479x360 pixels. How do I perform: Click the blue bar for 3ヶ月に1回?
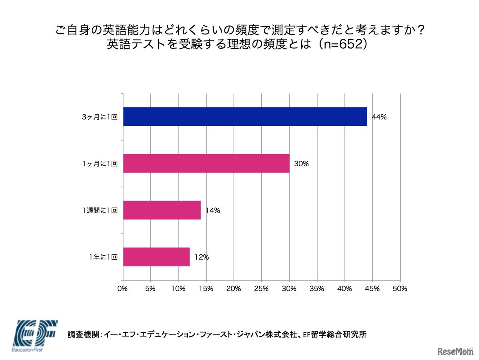coord(245,117)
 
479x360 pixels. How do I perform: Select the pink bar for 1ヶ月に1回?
coord(206,164)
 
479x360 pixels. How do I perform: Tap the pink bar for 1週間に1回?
coord(162,210)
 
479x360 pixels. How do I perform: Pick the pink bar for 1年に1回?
coord(156,257)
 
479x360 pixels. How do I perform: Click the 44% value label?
coord(379,117)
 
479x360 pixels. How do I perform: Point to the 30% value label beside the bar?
coord(301,164)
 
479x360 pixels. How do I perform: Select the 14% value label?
coord(213,211)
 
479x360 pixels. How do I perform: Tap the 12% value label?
coord(201,257)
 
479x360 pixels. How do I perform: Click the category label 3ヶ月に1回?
coord(100,117)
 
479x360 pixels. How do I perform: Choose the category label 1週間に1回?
coord(100,211)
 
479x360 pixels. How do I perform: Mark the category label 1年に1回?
coord(103,257)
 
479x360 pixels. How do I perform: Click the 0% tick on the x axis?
coord(122,289)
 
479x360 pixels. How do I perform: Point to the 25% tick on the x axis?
coord(261,289)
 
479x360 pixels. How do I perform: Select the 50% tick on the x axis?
coord(400,289)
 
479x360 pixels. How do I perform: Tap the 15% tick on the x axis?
coord(206,289)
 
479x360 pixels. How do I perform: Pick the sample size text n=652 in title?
coord(343,44)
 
